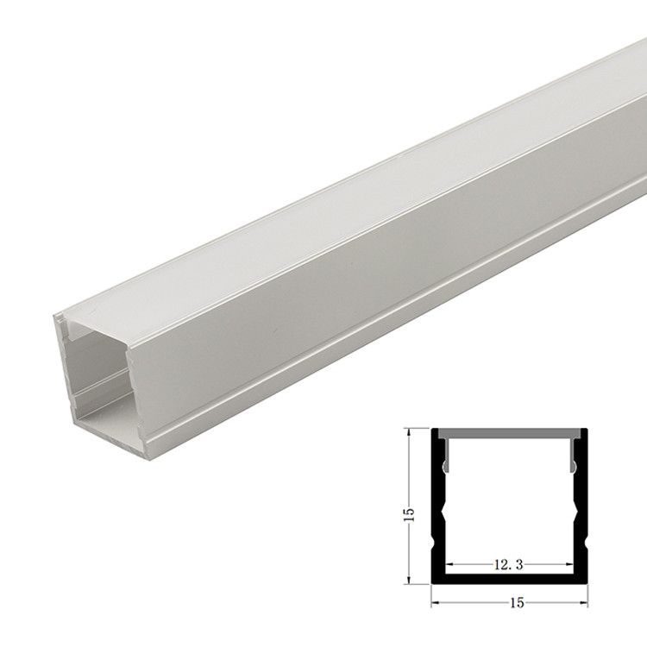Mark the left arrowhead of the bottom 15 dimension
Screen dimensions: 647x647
[435, 600]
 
